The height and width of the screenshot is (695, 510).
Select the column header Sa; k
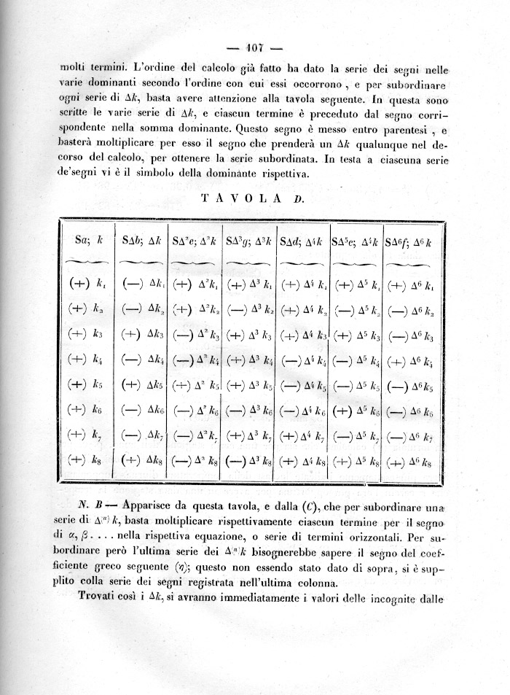pyautogui.click(x=88, y=240)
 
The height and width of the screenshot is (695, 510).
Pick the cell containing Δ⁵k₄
pyautogui.click(x=356, y=360)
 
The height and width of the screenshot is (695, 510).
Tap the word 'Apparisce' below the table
pyautogui.click(x=156, y=505)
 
